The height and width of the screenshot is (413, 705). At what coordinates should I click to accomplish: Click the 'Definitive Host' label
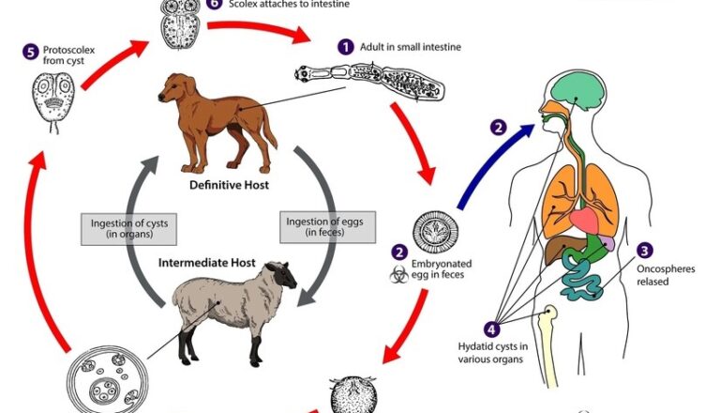coord(230,186)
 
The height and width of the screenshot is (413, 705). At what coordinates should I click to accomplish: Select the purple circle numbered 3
coord(645,250)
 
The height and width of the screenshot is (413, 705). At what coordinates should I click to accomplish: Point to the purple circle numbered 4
coord(493,329)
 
